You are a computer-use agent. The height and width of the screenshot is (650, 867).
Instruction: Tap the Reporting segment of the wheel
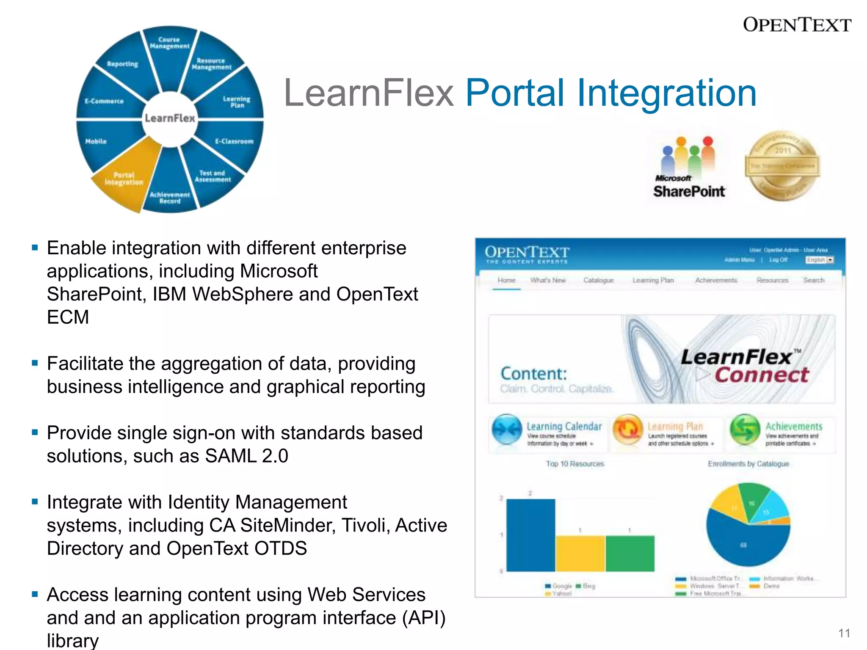[x=122, y=64]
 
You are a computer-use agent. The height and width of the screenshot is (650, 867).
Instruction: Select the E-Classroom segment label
[x=234, y=141]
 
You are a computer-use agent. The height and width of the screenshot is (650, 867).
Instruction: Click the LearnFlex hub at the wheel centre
[x=170, y=118]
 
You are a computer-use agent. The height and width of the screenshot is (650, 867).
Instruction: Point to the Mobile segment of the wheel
[x=97, y=141]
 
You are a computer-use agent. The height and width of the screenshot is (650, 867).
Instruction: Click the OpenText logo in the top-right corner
[x=797, y=25]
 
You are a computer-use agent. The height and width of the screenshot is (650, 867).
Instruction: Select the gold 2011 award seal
[x=782, y=166]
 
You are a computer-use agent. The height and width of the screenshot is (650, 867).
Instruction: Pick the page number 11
[x=844, y=633]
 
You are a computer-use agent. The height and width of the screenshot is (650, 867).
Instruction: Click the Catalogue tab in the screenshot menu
[x=598, y=280]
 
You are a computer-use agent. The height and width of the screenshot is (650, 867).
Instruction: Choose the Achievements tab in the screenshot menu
[x=716, y=280]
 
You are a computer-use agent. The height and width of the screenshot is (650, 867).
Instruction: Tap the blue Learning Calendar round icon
[x=507, y=430]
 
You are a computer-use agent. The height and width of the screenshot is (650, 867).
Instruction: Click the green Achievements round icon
[x=745, y=430]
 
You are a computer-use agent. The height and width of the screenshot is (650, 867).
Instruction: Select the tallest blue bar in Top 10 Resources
[x=530, y=535]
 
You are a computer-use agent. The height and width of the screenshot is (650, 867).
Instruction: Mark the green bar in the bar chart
[x=630, y=554]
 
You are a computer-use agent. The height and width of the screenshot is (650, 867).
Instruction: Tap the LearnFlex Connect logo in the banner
[x=744, y=366]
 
